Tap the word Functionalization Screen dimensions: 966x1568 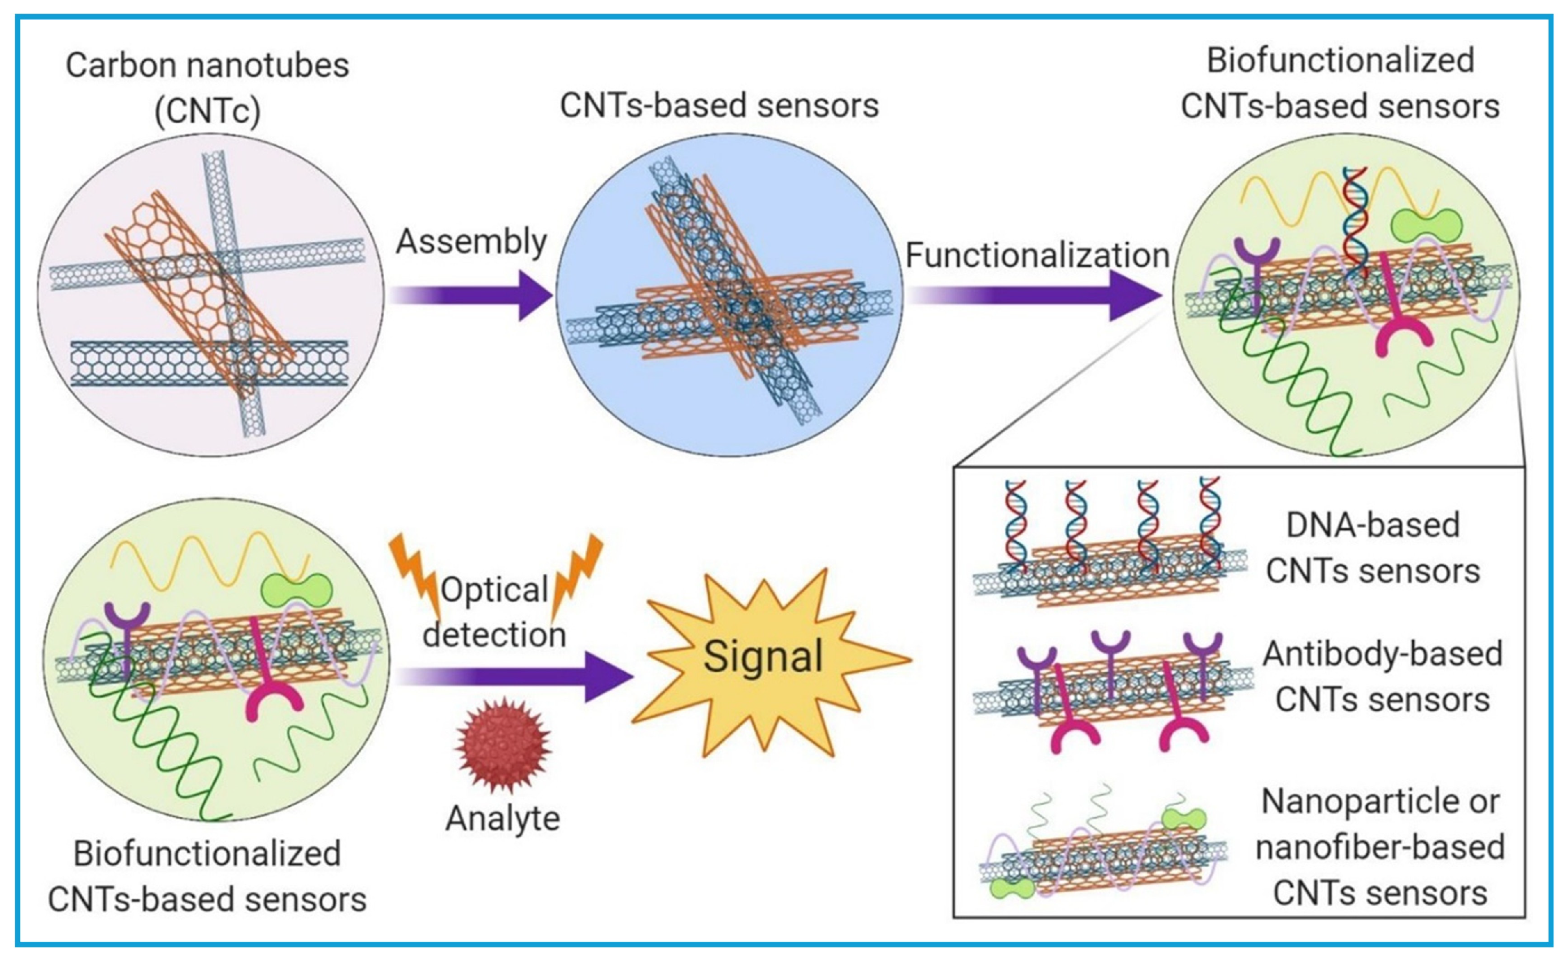pyautogui.click(x=1037, y=255)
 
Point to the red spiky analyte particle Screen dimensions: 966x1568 pyautogui.click(x=503, y=745)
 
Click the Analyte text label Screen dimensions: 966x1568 pyautogui.click(x=503, y=819)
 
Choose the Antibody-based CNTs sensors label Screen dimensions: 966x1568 pyautogui.click(x=1382, y=677)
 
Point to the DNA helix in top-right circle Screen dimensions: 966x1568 pyautogui.click(x=1354, y=220)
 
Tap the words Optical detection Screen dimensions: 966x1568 pyautogui.click(x=494, y=612)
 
